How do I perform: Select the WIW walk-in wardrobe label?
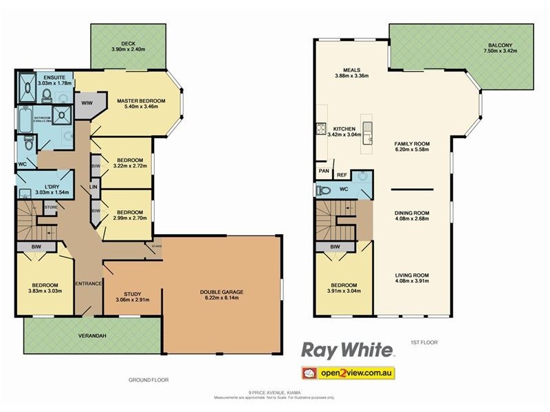(x=87, y=104)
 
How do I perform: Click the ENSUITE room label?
(x=54, y=78)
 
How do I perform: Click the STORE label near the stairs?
(x=50, y=206)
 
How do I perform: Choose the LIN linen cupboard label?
(x=93, y=187)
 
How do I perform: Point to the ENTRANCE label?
(x=89, y=284)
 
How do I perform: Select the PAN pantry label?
(x=322, y=171)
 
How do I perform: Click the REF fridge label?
(x=342, y=175)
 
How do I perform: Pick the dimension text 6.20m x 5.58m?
(x=412, y=149)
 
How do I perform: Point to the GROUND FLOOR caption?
(x=148, y=380)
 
